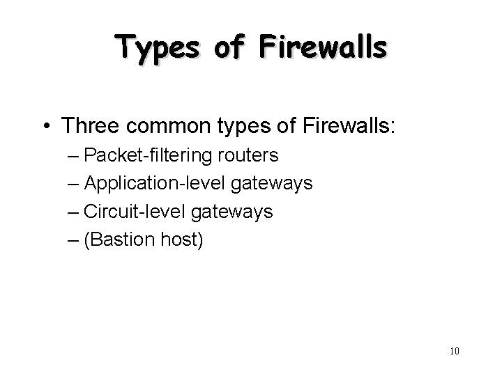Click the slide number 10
(455, 350)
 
